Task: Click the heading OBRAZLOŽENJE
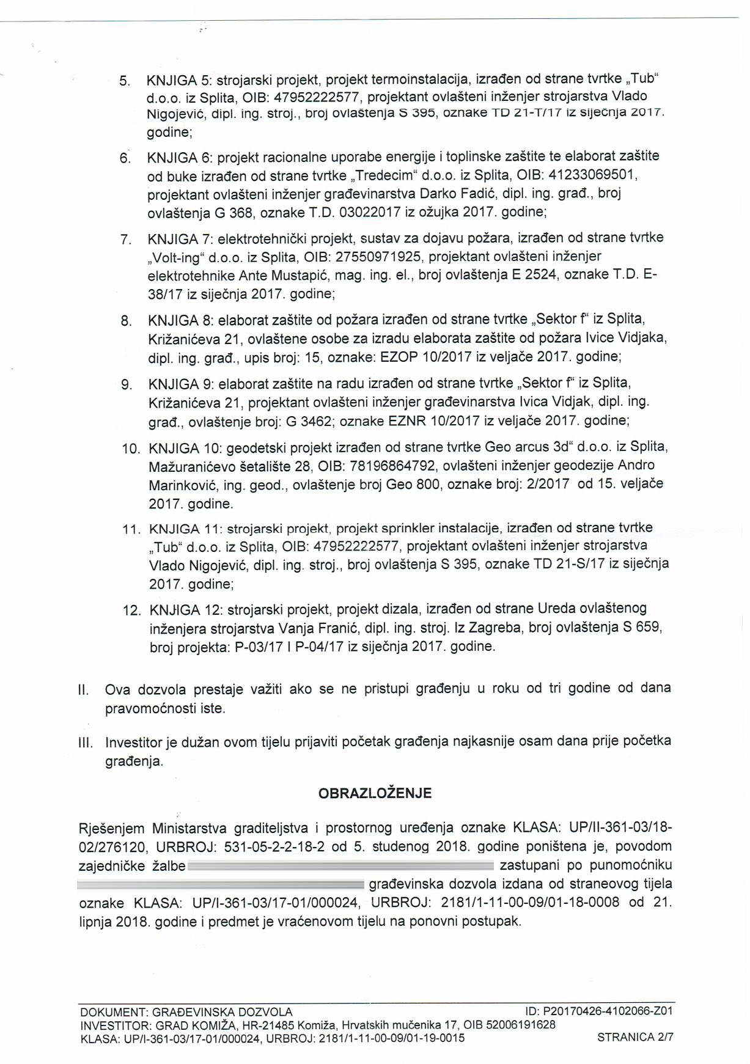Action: tap(375, 793)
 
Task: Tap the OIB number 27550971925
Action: tap(379, 257)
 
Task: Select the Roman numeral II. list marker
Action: tap(84, 690)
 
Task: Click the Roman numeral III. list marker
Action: tap(86, 743)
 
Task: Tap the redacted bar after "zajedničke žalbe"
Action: tap(340, 865)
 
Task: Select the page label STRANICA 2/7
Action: tap(635, 1036)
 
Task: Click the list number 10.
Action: tap(131, 449)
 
